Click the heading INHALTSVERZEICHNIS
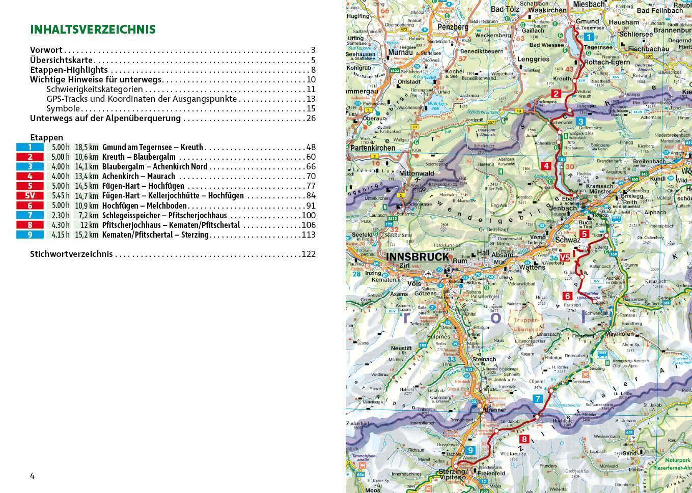93,30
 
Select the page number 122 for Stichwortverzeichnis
308,254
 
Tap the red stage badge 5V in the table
30,196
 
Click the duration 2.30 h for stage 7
60,215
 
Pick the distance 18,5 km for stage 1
87,148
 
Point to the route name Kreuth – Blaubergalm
139,157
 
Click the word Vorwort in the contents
46,50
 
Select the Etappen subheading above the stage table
46,137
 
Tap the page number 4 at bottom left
33,476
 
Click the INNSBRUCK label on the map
418,257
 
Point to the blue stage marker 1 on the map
589,37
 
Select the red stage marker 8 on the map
524,439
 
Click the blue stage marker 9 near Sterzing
471,450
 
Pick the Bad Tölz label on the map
505,10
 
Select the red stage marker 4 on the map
546,165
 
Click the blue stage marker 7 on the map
538,399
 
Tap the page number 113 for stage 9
308,235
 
